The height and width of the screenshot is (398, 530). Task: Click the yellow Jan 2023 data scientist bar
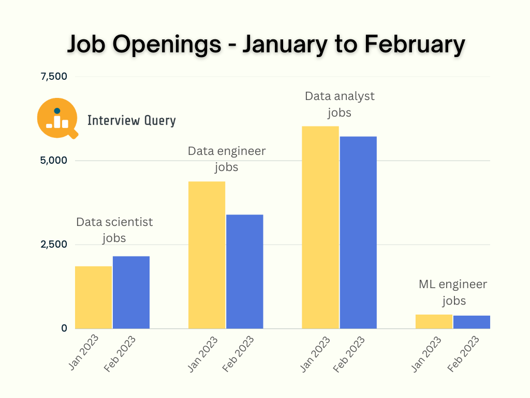click(94, 297)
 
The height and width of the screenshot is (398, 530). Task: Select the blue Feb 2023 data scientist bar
click(131, 292)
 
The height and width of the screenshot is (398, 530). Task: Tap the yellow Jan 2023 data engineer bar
click(207, 254)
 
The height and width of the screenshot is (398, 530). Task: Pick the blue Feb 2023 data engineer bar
click(244, 271)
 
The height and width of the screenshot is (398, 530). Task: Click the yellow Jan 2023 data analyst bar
click(320, 227)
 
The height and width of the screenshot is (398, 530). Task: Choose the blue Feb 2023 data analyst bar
click(358, 232)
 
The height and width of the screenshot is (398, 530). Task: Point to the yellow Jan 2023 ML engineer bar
click(434, 321)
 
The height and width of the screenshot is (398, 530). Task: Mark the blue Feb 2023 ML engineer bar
click(472, 322)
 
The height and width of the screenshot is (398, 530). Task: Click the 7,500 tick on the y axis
click(54, 77)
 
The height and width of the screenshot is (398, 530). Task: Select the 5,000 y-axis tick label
click(54, 161)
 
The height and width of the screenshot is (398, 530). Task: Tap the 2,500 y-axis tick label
click(54, 244)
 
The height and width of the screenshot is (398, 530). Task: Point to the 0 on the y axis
click(64, 328)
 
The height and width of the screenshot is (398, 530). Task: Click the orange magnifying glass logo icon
click(57, 118)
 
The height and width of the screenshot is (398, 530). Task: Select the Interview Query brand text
click(131, 121)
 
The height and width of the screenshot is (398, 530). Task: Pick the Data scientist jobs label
click(114, 230)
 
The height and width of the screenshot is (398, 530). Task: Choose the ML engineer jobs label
click(453, 292)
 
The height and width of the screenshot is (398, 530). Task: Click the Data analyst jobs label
click(340, 104)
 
